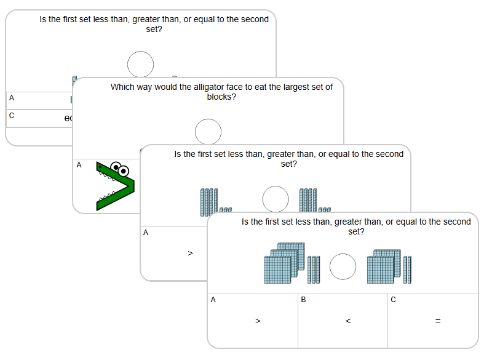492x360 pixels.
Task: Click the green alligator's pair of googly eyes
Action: click(120, 168)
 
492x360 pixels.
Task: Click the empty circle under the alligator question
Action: click(208, 132)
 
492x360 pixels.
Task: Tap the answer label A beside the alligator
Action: click(79, 165)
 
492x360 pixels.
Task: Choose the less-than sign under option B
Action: click(348, 321)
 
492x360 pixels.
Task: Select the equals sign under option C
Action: click(438, 321)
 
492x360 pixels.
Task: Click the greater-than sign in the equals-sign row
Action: click(258, 321)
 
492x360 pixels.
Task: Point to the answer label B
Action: click(303, 300)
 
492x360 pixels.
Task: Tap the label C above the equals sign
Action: click(393, 300)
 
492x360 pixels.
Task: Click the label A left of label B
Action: click(213, 300)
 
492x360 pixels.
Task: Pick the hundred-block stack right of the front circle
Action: click(384, 265)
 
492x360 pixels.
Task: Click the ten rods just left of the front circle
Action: click(314, 270)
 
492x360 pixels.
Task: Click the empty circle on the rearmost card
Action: click(140, 64)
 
